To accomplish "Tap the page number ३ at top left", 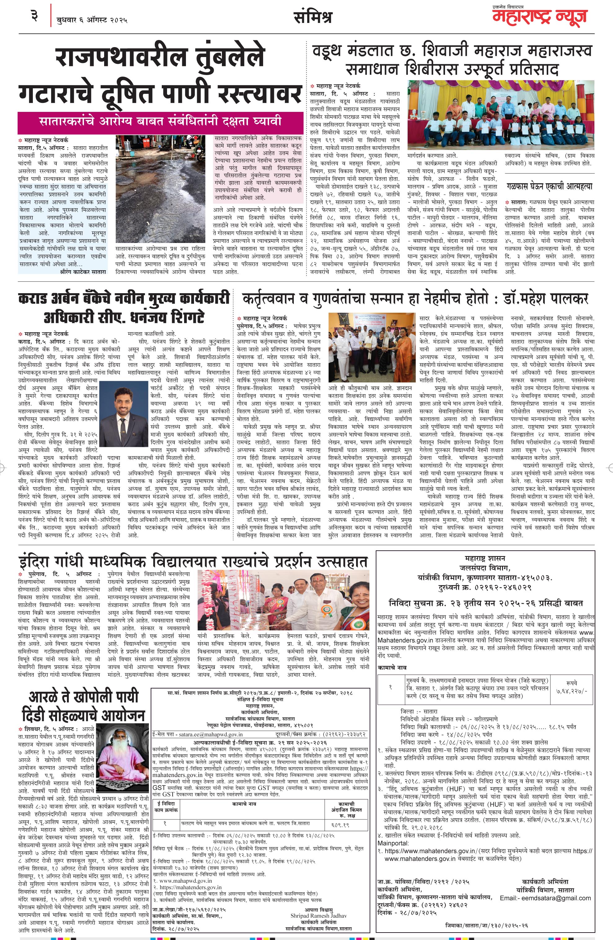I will pos(34,17).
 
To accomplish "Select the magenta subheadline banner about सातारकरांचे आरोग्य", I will pos(160,121).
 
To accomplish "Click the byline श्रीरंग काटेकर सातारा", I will pos(83,272).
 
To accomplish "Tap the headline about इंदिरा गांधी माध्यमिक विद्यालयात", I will pos(193,561).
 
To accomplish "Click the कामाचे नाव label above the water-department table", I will pos(391,667).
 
